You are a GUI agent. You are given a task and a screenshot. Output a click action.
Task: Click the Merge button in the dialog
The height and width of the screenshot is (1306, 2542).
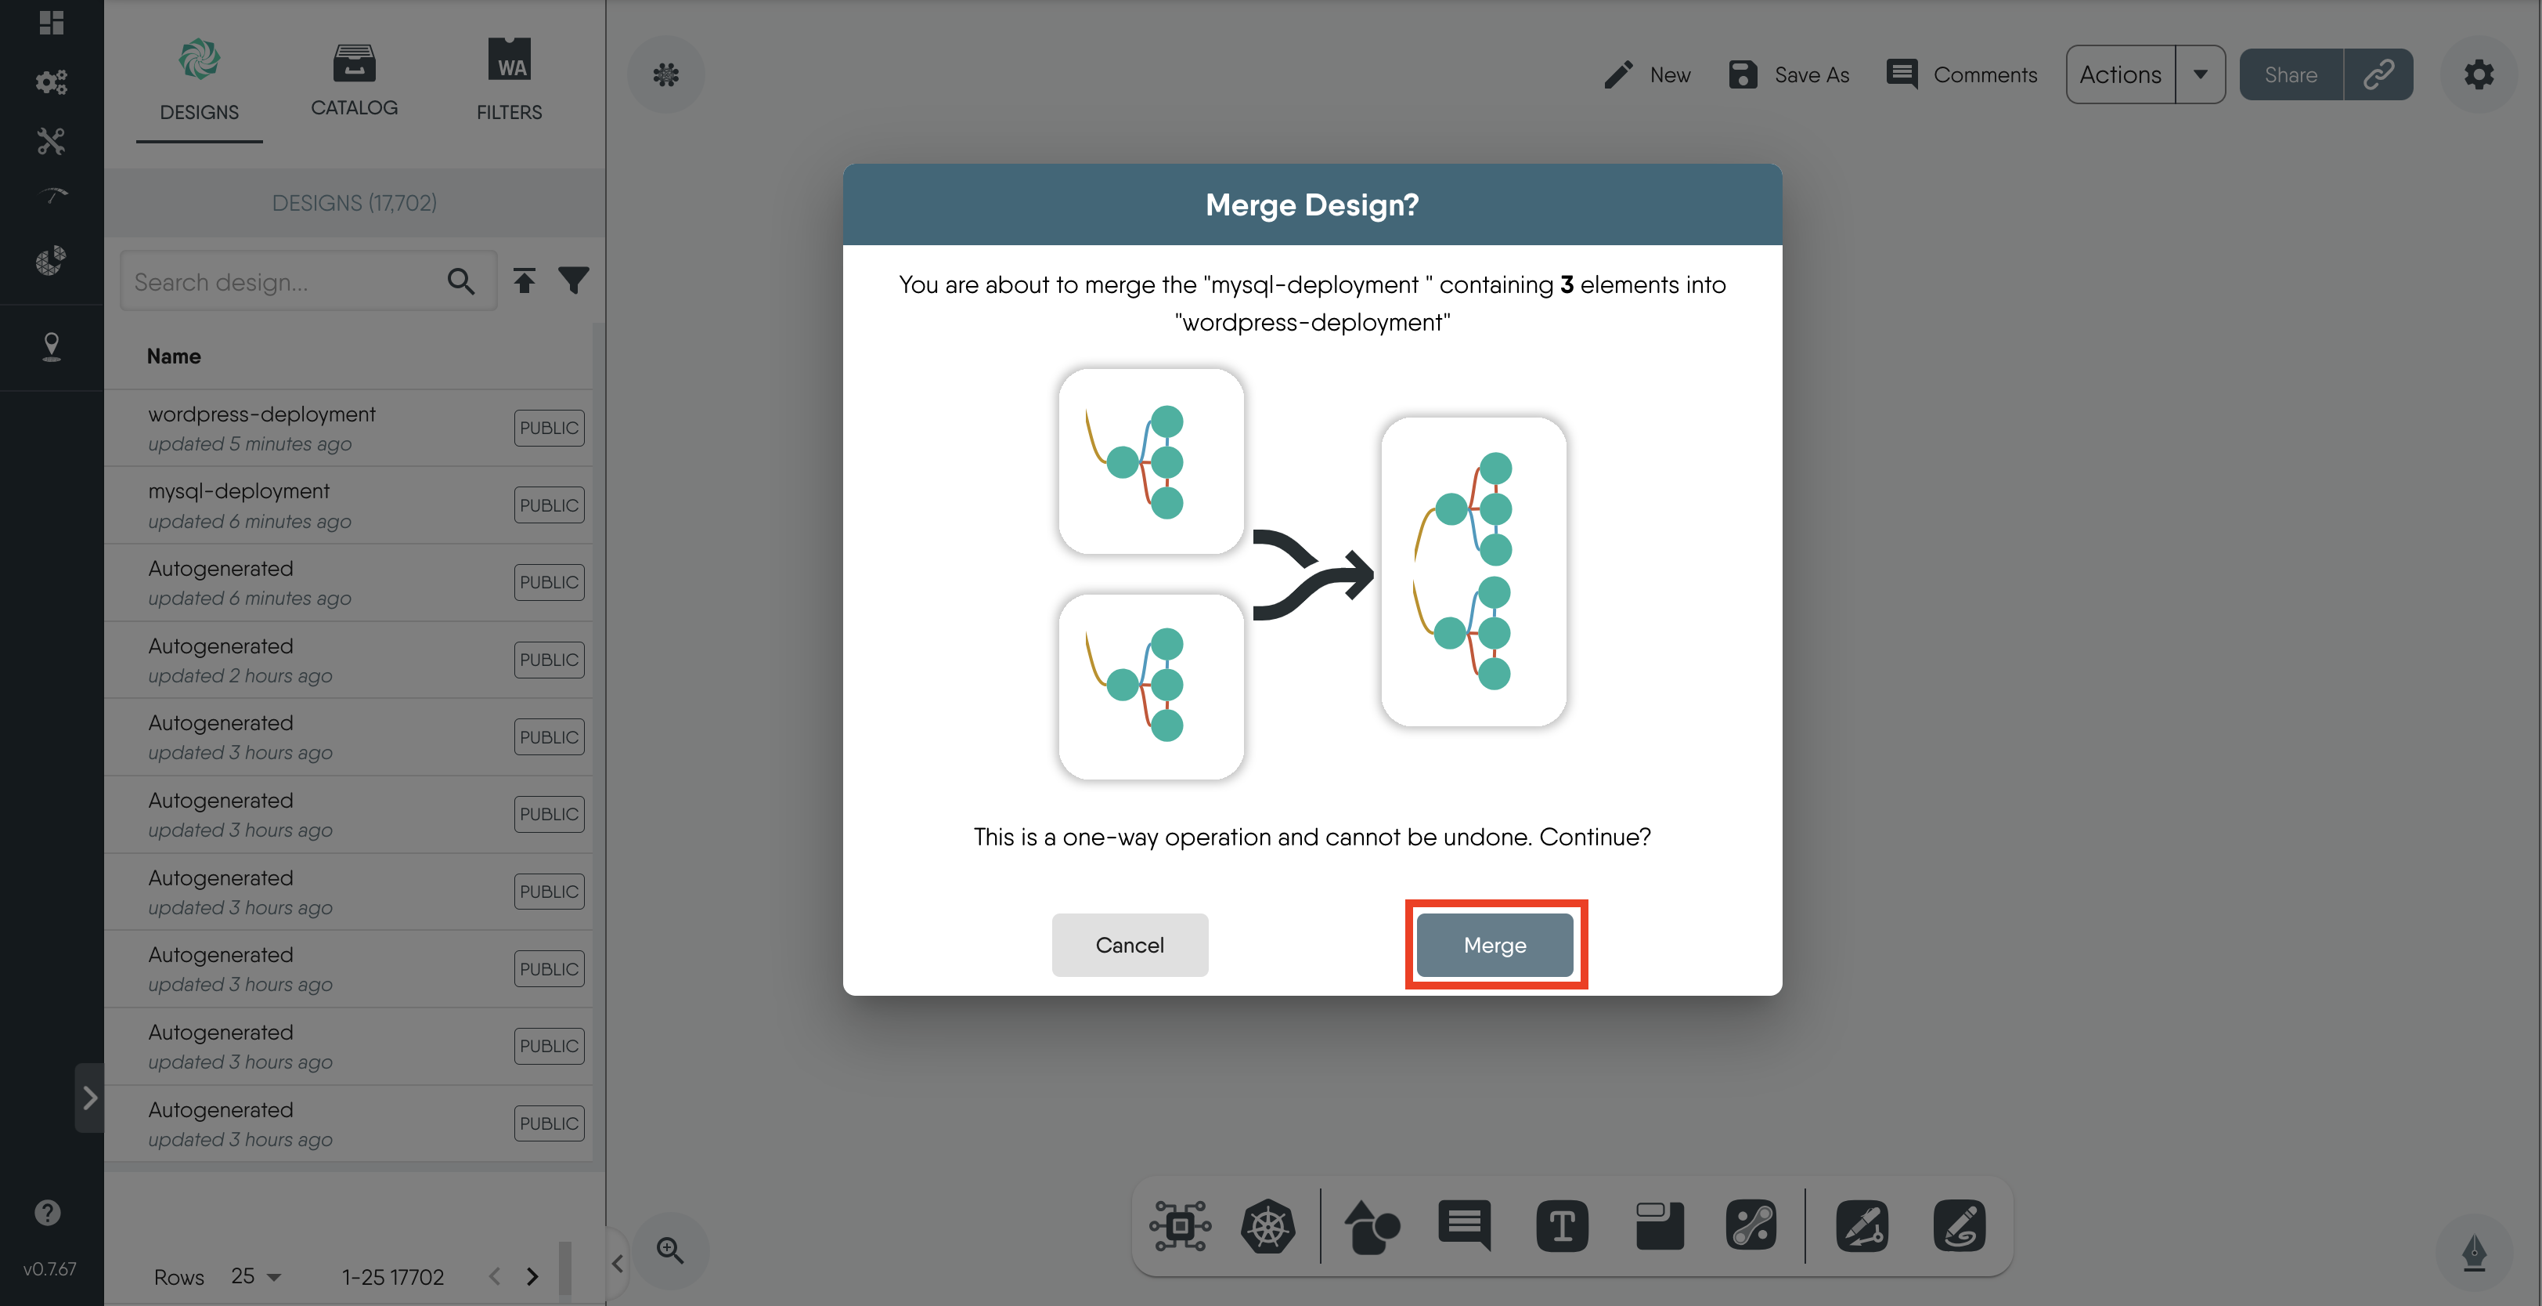coord(1494,945)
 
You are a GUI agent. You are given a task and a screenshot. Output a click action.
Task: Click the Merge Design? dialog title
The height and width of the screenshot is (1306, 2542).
coord(1311,204)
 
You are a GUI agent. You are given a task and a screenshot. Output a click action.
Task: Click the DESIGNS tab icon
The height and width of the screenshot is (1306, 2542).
coord(200,61)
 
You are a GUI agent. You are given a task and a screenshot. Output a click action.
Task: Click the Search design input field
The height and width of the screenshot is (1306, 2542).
coord(281,282)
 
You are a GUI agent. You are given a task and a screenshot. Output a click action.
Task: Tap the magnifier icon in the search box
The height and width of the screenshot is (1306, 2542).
coord(461,281)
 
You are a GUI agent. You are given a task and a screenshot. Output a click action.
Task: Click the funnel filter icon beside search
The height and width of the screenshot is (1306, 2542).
coord(573,280)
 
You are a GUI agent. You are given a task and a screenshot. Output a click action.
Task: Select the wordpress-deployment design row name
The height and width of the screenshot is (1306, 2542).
coord(261,414)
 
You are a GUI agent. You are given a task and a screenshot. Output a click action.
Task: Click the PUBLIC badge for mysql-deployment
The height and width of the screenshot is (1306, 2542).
coord(549,505)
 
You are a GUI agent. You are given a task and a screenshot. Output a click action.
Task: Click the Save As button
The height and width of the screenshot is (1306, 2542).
coord(1789,75)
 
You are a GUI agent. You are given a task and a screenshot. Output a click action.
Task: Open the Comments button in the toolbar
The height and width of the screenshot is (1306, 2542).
coord(1962,75)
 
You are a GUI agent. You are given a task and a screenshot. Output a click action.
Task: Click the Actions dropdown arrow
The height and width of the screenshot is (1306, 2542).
coord(2200,75)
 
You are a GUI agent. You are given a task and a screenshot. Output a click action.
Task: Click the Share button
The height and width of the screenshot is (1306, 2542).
coord(2291,75)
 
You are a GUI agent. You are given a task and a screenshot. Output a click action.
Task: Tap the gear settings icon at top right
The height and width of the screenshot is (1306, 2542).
coord(2478,75)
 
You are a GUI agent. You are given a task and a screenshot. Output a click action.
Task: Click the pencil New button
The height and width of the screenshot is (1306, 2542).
coord(1648,75)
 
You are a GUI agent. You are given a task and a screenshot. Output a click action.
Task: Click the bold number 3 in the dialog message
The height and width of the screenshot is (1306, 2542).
coord(1566,284)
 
